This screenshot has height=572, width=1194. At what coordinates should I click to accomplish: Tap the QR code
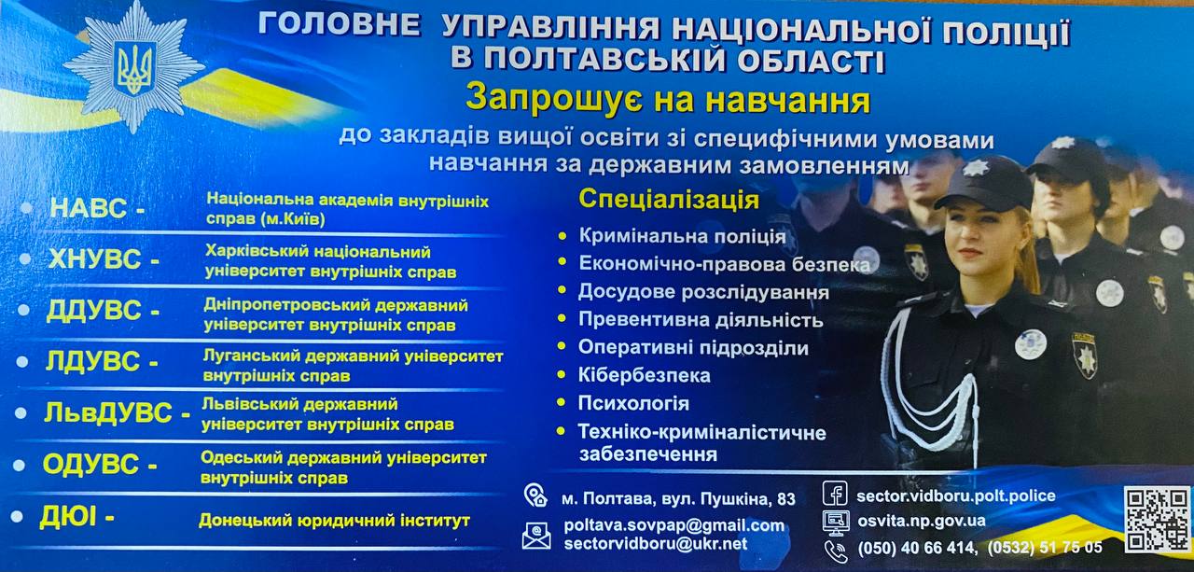point(1156,520)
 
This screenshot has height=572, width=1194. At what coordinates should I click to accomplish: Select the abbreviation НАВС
point(89,207)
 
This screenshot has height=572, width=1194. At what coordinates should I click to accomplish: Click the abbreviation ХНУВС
point(94,259)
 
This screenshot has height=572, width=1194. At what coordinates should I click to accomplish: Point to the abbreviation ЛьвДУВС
point(108,412)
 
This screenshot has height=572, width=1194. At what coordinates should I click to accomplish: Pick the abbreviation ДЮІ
point(68,516)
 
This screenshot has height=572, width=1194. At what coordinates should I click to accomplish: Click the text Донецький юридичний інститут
point(334,520)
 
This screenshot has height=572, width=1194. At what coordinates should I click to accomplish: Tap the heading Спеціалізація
point(669,200)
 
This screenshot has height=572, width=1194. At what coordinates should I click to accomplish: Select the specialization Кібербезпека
point(645,375)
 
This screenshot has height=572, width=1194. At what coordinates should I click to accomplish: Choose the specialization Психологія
point(633,403)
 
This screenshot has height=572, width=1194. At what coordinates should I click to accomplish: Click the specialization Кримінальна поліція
point(682,236)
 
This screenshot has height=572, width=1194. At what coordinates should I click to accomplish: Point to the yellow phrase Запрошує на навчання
point(668,100)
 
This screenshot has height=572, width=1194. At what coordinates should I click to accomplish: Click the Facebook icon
point(835,493)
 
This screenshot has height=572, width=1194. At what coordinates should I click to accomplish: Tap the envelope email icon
point(536,536)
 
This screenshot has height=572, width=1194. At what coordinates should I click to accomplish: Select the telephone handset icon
point(835,551)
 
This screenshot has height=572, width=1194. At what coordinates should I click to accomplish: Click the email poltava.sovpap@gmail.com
point(674,525)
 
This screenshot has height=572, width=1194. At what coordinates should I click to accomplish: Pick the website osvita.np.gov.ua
point(921,521)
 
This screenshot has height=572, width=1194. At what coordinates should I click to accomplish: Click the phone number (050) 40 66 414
point(917,548)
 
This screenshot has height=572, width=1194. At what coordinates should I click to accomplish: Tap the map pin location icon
point(535,495)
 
